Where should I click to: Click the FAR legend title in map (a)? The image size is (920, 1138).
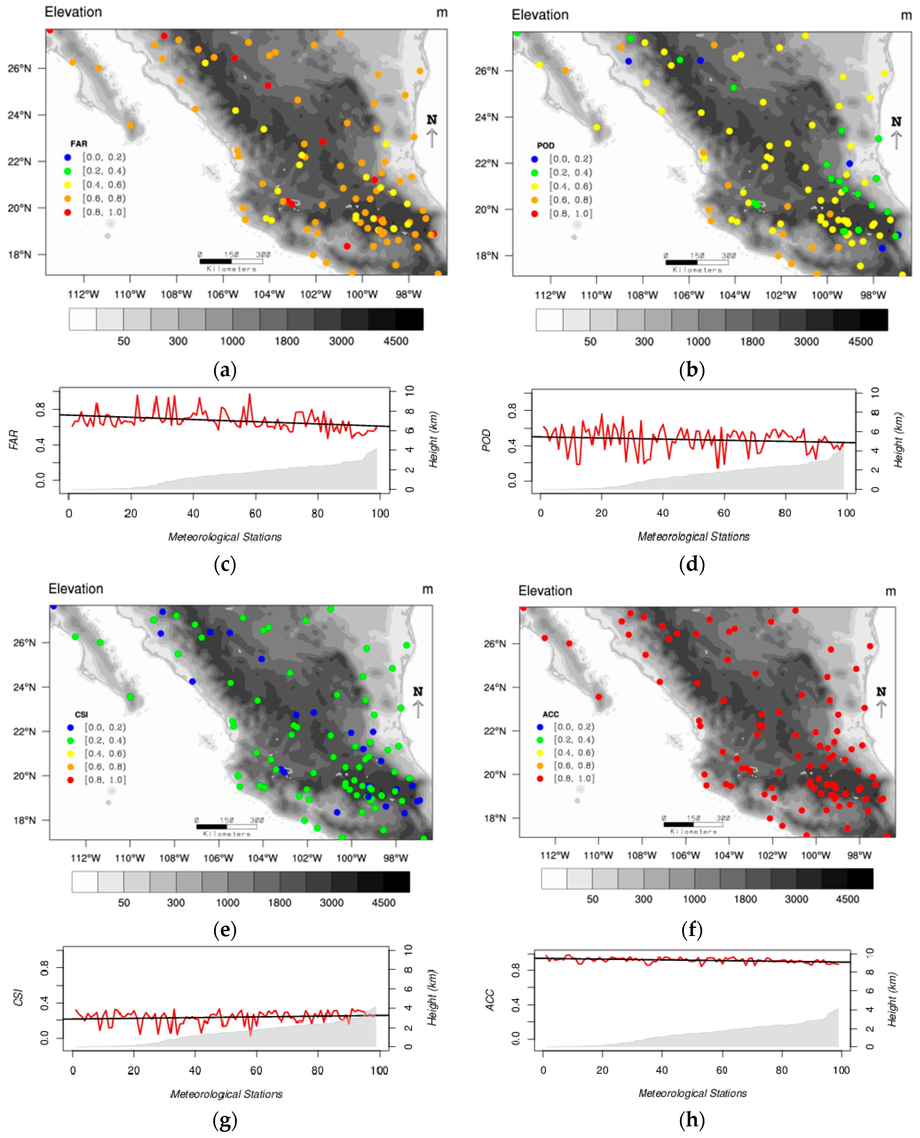(78, 144)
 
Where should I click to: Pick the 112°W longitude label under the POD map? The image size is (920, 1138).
(550, 295)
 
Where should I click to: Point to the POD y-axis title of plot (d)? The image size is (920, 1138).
(486, 441)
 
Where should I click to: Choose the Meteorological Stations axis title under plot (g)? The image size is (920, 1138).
(226, 1094)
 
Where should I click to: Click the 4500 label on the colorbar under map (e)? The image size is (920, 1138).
(383, 902)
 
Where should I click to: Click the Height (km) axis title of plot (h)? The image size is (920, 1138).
(892, 1000)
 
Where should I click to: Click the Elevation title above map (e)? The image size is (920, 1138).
(76, 589)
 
